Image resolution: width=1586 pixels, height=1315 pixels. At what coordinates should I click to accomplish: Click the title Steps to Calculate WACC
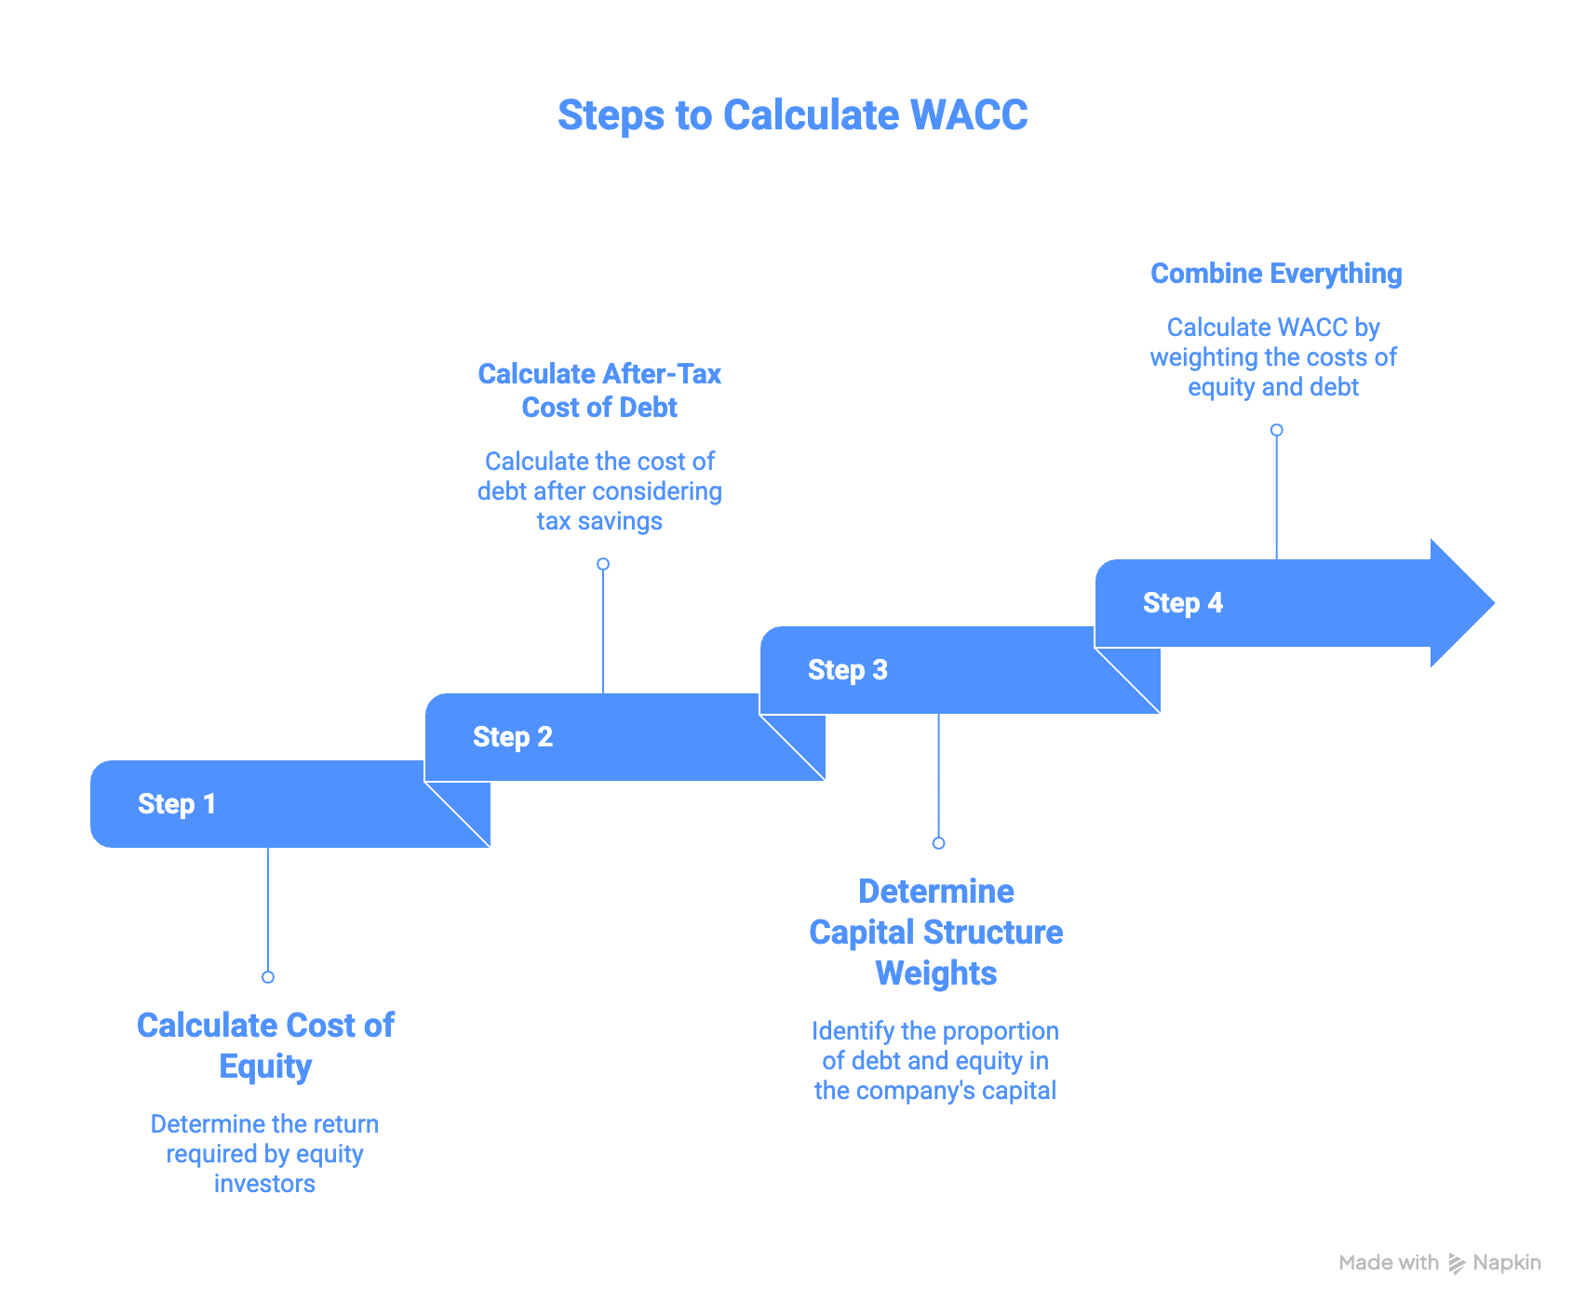click(x=792, y=115)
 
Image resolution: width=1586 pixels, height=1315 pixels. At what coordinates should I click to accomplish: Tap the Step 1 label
click(x=177, y=804)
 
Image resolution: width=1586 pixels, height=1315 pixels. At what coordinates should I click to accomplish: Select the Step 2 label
click(x=513, y=737)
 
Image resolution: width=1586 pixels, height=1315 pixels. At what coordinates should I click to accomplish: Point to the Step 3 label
click(x=848, y=670)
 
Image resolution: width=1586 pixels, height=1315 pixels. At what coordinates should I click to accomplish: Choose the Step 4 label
click(x=1183, y=603)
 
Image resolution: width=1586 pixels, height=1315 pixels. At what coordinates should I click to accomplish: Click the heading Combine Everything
click(x=1276, y=274)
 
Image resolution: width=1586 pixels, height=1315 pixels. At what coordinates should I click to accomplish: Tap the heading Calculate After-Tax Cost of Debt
click(x=599, y=391)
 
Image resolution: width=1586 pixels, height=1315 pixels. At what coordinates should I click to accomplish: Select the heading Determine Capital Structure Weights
click(x=936, y=933)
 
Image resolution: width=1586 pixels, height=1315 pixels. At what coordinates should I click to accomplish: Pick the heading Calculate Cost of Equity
click(x=266, y=1045)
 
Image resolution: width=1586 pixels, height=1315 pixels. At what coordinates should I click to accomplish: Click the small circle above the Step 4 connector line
click(x=1277, y=430)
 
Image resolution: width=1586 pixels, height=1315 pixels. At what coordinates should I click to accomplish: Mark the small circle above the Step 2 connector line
click(x=603, y=564)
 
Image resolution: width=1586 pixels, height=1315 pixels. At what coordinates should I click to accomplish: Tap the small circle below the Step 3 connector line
click(x=938, y=843)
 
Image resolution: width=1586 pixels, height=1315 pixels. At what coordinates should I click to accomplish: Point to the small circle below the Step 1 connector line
click(x=268, y=977)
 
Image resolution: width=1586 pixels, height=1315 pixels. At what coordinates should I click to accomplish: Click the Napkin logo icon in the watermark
click(x=1457, y=1264)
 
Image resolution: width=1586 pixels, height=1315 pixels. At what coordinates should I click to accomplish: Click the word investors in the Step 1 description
click(x=264, y=1184)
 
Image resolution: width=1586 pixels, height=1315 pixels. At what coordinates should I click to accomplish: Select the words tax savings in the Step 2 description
click(x=599, y=521)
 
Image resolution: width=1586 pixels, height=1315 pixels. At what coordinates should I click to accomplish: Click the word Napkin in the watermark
click(x=1507, y=1263)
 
